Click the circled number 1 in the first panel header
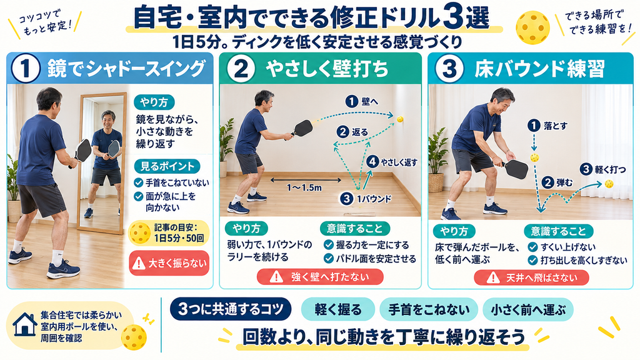click(25, 69)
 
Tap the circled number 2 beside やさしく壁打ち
click(241, 69)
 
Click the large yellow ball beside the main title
click(532, 27)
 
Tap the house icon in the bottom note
click(25, 325)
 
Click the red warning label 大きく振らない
click(169, 263)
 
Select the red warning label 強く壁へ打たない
click(320, 277)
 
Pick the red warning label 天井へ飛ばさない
click(531, 278)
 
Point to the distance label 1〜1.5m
click(304, 187)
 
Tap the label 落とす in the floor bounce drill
click(556, 126)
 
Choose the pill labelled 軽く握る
click(338, 310)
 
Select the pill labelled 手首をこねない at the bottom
click(429, 310)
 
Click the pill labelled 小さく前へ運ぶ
click(528, 310)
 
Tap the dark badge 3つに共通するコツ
click(231, 309)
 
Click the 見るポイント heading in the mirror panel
click(167, 166)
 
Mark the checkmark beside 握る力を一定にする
click(329, 245)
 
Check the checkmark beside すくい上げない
click(532, 247)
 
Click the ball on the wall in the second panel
click(401, 119)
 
